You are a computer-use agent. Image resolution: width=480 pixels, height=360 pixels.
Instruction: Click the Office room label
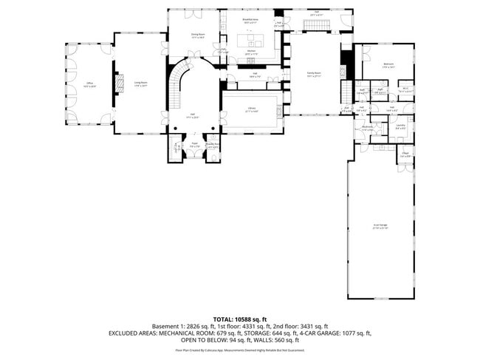coord(89,84)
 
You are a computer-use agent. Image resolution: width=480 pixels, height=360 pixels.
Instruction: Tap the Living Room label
coord(140,84)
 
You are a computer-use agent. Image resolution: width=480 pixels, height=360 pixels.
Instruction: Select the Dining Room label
coord(198,35)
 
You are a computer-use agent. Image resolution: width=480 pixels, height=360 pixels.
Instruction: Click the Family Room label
coord(314,74)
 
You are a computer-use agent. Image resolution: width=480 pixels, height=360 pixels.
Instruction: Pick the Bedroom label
coord(388,65)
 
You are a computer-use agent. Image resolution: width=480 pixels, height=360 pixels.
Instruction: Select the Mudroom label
coord(367,127)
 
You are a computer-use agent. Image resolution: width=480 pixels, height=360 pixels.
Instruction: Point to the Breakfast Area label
coord(251,21)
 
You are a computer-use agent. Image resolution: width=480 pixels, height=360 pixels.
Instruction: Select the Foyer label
coord(195,145)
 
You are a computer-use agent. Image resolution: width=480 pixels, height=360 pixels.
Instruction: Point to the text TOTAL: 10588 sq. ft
coord(240,319)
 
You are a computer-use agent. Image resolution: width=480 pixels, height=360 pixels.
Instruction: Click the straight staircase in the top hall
coord(318,26)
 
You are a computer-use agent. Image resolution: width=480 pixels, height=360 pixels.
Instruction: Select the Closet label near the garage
coord(405,155)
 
